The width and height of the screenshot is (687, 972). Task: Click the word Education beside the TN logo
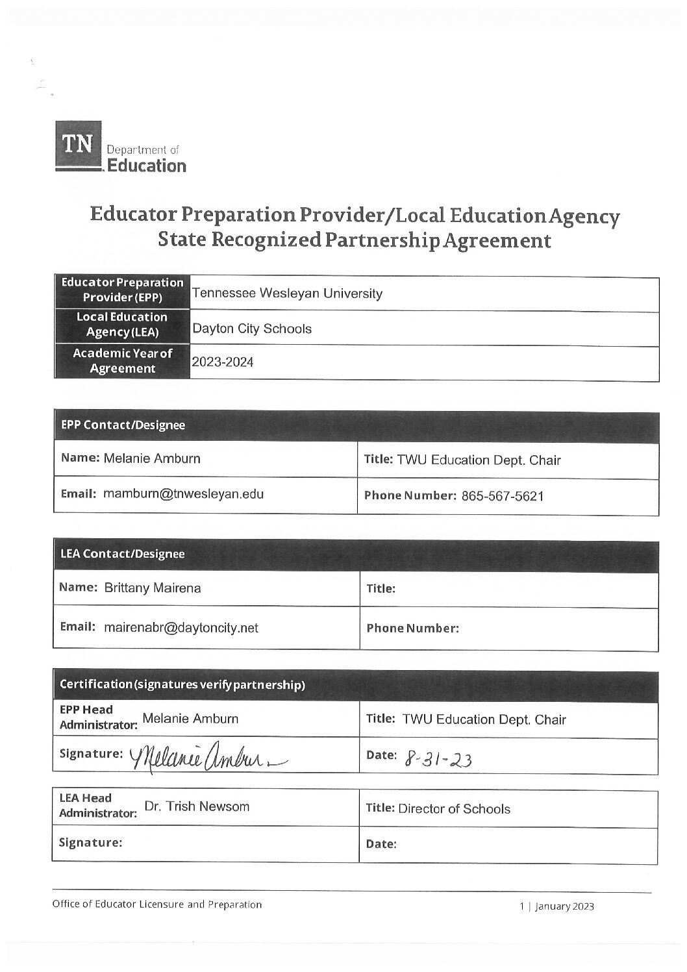[146, 166]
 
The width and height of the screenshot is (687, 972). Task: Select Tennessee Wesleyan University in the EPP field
[287, 293]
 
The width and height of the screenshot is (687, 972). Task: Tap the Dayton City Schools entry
[251, 329]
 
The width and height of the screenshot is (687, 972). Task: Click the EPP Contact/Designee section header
[123, 425]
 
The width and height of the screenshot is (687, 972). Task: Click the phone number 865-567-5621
[503, 497]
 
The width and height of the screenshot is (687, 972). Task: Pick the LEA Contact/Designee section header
[122, 554]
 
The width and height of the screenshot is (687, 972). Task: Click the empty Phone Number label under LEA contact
[412, 629]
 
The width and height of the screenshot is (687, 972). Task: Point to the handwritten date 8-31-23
[439, 758]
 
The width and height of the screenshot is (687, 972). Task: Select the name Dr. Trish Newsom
[197, 807]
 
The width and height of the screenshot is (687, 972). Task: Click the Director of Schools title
[454, 809]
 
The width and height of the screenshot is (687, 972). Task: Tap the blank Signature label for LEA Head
[91, 842]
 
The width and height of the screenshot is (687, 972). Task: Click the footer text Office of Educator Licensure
[157, 904]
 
